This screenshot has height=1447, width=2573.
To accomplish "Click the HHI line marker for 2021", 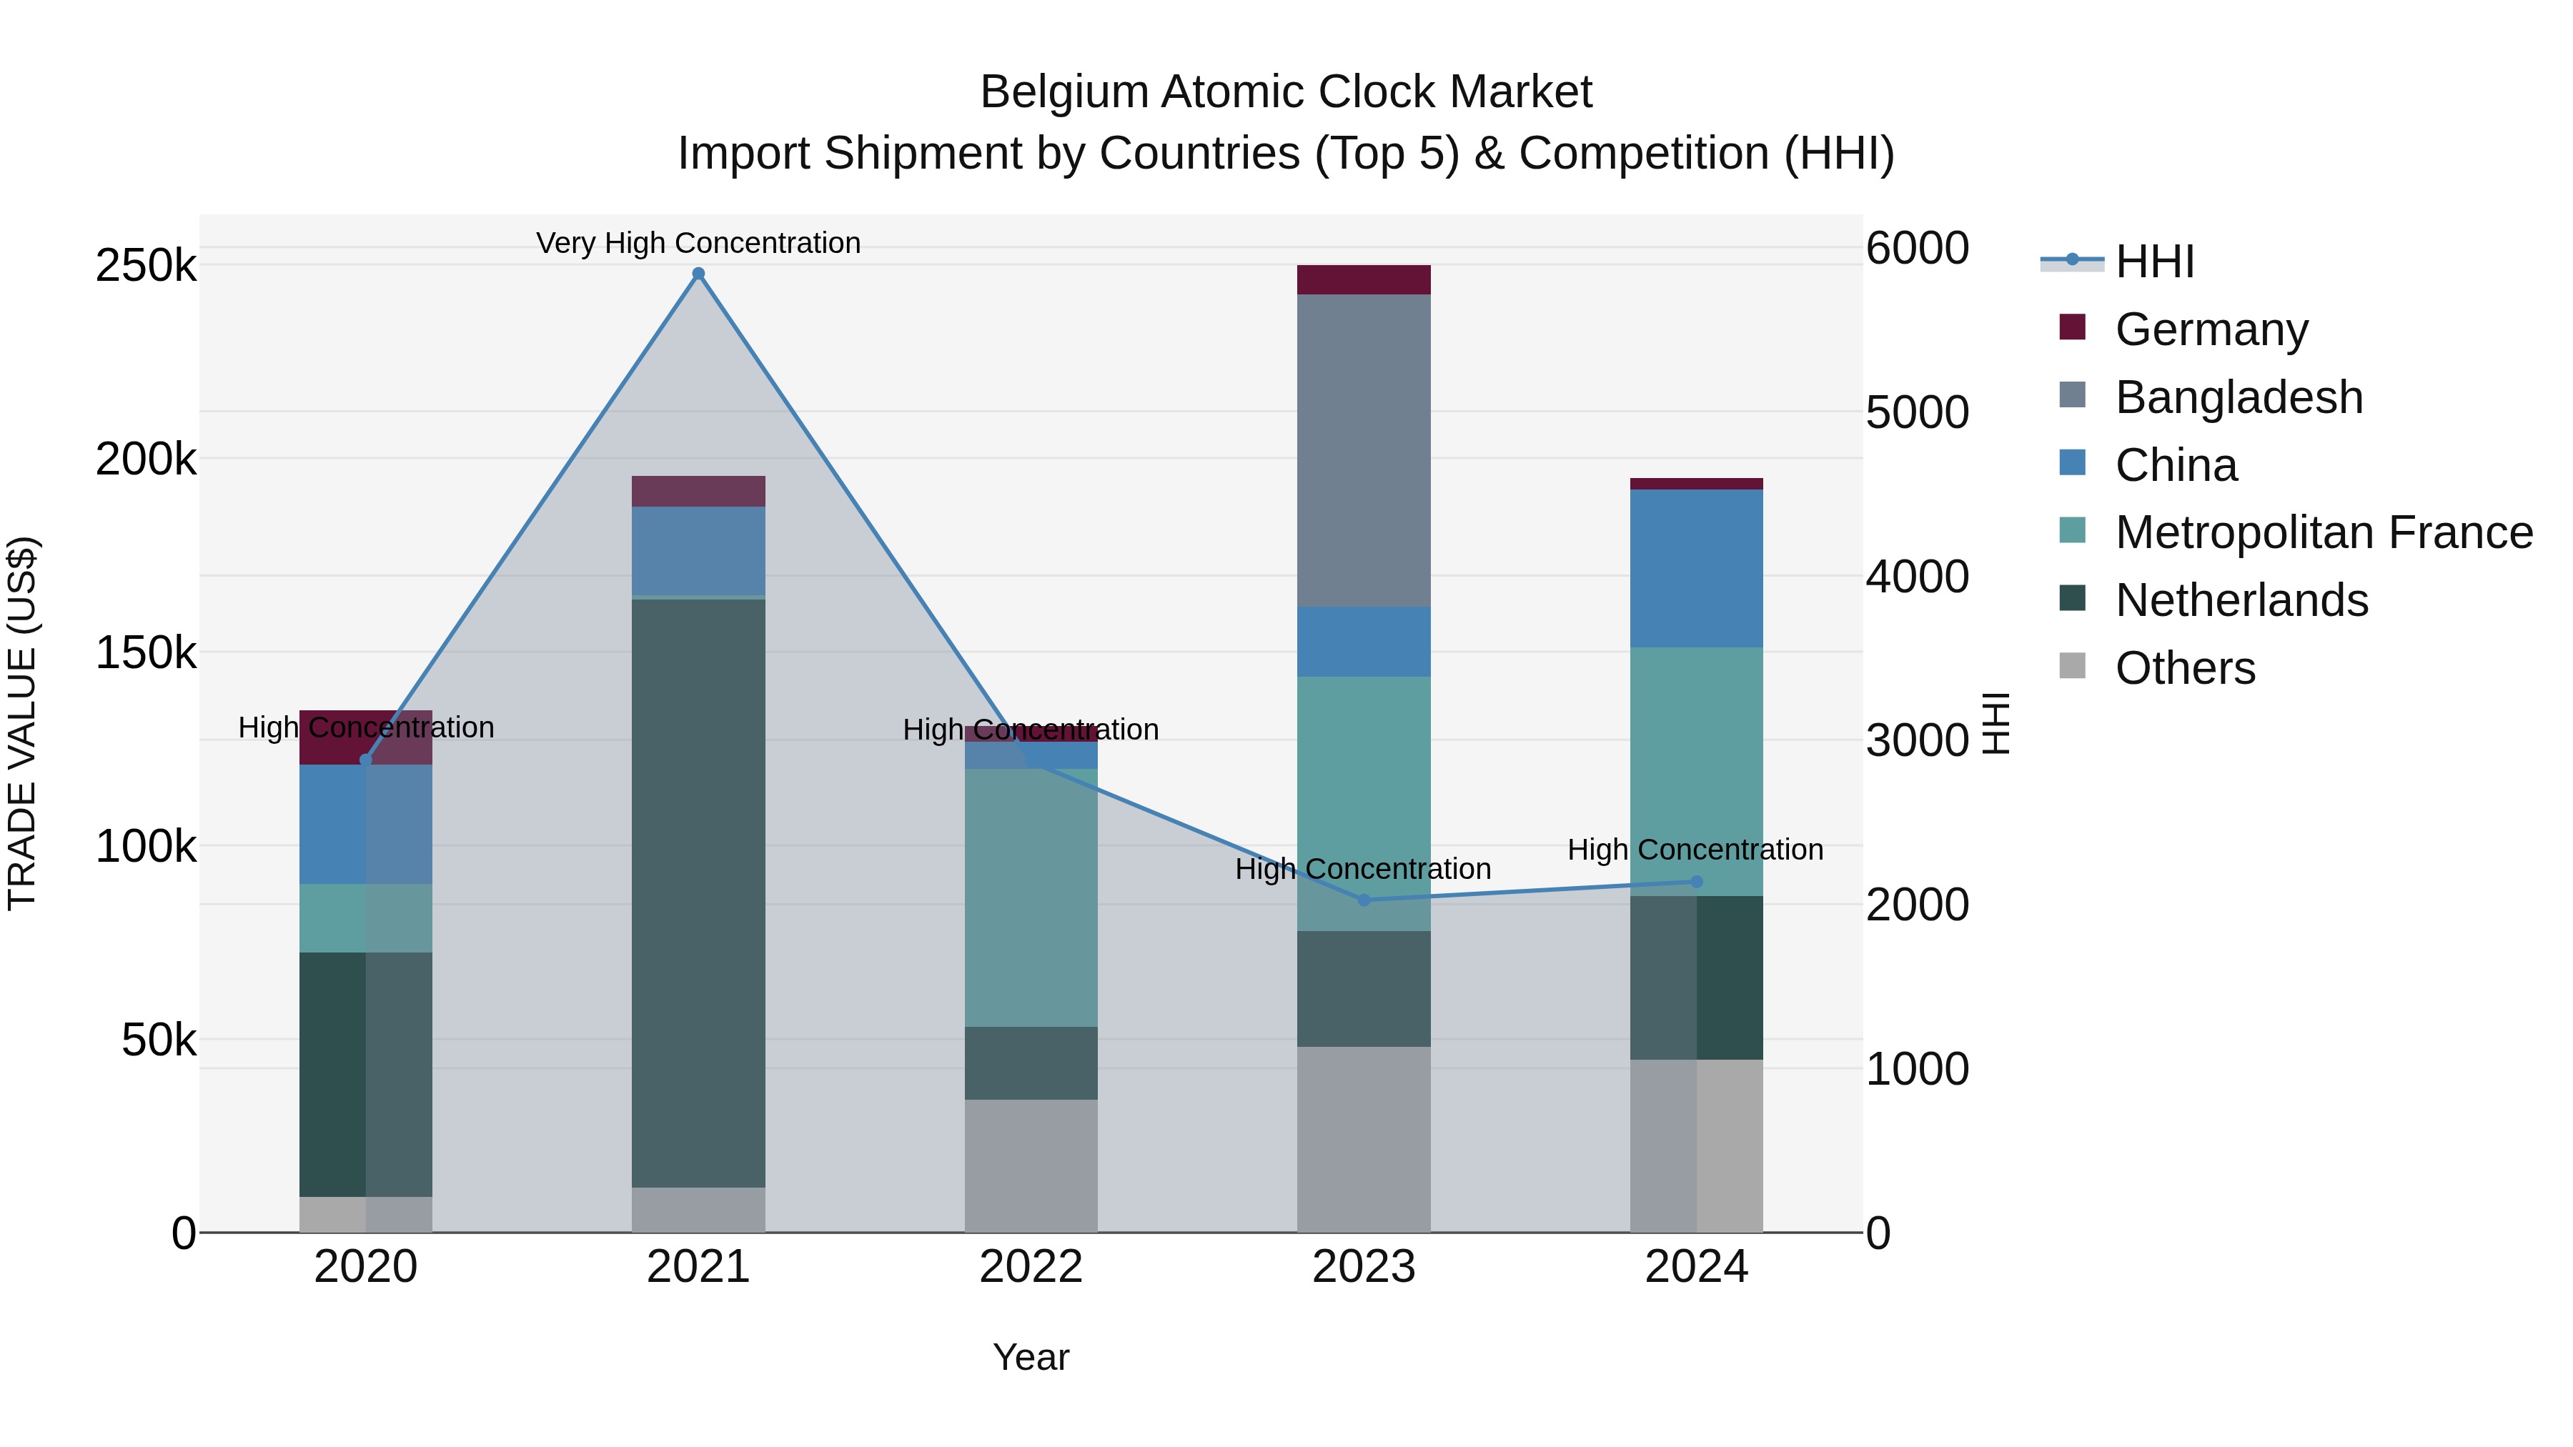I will (x=698, y=274).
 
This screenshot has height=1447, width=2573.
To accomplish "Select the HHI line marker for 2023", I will (x=1364, y=900).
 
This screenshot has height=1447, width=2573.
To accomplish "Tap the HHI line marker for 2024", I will (x=1696, y=882).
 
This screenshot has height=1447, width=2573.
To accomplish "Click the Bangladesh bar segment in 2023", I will (x=1364, y=449).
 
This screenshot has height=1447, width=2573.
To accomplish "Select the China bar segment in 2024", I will (x=1696, y=567).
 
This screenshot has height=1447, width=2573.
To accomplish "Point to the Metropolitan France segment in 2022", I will (x=1031, y=897).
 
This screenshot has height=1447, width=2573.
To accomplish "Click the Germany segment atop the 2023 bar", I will (x=1364, y=279).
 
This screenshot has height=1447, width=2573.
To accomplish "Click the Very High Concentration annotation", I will (x=698, y=243).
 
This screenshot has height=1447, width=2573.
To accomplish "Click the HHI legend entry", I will (x=2153, y=262).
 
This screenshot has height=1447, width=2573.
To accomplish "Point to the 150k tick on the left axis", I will (x=146, y=653).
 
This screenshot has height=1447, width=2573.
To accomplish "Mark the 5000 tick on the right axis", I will (x=1917, y=412).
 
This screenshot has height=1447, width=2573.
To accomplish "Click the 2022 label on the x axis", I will (x=1031, y=1267).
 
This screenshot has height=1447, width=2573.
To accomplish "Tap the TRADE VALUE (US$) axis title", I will (x=22, y=723).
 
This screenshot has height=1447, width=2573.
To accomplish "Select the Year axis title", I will (x=1031, y=1357).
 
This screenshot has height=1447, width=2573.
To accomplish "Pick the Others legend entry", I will (x=2183, y=668).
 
